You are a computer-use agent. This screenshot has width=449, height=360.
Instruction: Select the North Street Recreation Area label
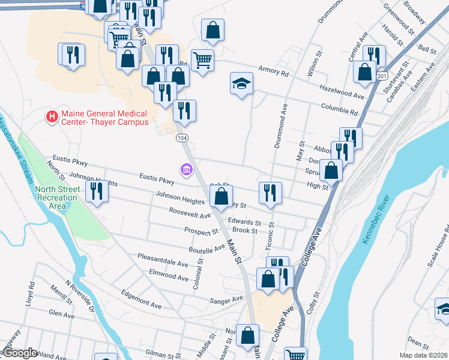(x=58, y=197)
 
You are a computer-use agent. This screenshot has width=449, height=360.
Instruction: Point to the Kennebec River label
(x=376, y=220)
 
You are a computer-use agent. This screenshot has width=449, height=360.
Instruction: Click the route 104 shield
(x=182, y=138)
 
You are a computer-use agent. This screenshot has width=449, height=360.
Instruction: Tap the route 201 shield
(x=382, y=77)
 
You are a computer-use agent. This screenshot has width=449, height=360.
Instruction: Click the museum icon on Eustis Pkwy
(x=187, y=170)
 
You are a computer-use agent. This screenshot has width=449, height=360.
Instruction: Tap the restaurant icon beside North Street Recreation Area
(x=96, y=191)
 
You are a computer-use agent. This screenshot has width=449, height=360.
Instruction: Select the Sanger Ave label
(x=225, y=299)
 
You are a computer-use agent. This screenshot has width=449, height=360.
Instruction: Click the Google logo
(x=20, y=353)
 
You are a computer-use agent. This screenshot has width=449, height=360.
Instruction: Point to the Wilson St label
(x=311, y=65)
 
